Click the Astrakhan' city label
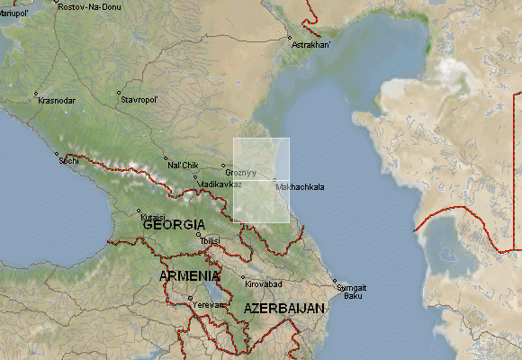click(313, 44)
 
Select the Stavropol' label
click(139, 100)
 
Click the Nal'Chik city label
click(183, 166)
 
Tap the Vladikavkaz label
click(220, 184)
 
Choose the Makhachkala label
click(301, 187)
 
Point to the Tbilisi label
click(210, 242)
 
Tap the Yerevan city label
click(207, 304)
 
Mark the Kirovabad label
click(265, 284)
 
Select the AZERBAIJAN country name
click(283, 309)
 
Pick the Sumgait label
click(352, 287)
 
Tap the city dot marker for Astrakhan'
click(290, 38)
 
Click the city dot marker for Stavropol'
click(118, 93)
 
